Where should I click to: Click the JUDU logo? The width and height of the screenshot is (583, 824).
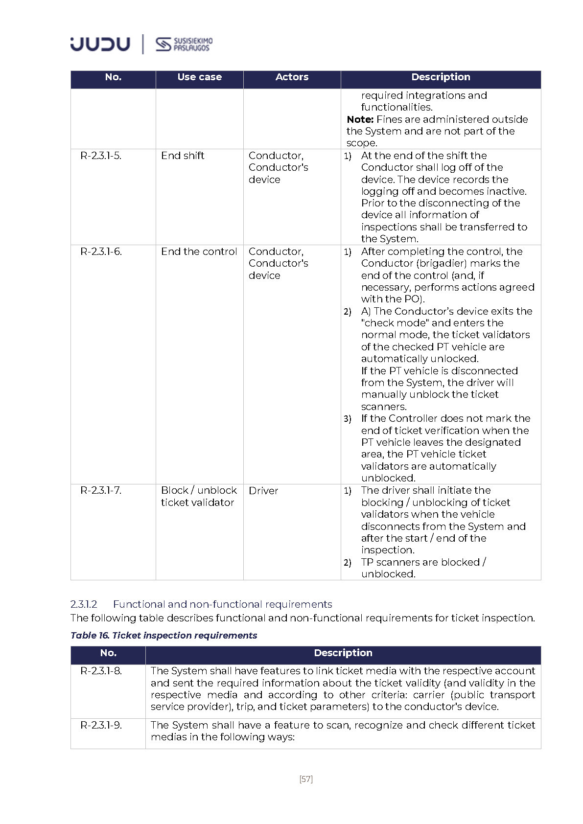point(100,44)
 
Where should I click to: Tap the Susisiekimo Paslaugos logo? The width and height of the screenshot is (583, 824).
point(184,44)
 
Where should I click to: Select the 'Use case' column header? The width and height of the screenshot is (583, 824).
point(199,77)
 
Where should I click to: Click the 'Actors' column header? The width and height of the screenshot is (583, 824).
point(292,77)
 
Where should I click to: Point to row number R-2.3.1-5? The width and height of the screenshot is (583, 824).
point(101,156)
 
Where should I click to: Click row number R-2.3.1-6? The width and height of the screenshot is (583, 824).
point(101,252)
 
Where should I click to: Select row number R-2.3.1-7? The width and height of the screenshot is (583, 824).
point(101,490)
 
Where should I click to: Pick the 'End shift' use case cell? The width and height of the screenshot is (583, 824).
point(183,156)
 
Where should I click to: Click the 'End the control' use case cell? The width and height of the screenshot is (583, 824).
point(199,252)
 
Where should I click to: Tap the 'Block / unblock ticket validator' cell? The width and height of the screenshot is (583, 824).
point(198,496)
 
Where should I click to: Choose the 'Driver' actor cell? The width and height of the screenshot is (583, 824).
point(263,491)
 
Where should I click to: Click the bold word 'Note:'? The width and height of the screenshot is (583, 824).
point(360,119)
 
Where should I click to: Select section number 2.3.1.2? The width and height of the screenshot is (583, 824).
point(84,604)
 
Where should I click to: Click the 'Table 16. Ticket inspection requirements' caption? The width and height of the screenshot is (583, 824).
point(163,635)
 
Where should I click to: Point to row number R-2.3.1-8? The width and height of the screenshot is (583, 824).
point(101,671)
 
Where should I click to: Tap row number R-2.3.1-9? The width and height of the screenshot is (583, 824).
point(101,725)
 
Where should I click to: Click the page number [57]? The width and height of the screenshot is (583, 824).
point(306,779)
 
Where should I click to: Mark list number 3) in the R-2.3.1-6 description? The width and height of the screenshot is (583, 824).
point(347,419)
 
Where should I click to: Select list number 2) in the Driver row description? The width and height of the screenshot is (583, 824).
point(347,563)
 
